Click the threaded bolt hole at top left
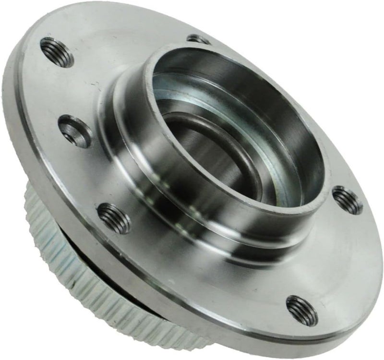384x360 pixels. coord(57,52)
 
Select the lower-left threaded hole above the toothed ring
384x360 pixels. coord(114,217)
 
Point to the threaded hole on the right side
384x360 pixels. coord(347,200)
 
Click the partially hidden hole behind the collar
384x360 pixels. coord(198,38)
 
